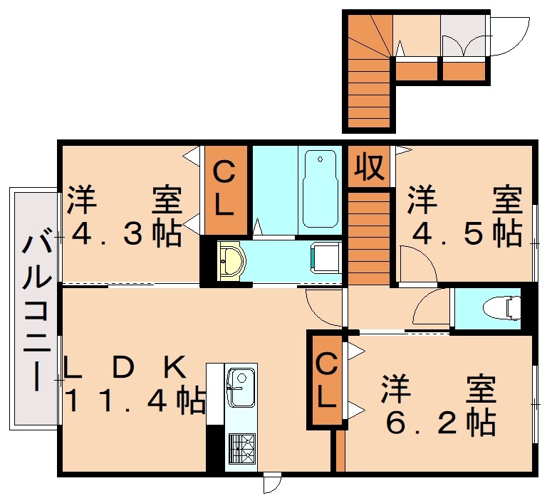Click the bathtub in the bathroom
point(318,188)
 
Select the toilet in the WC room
point(503,309)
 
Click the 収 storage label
point(369,167)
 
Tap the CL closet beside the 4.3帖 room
point(224,189)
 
